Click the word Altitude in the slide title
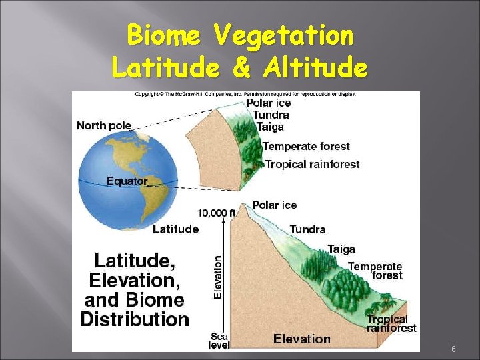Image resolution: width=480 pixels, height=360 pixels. pyautogui.click(x=315, y=67)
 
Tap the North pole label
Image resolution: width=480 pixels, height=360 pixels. pyautogui.click(x=104, y=125)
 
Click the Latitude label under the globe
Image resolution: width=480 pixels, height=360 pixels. pyautogui.click(x=175, y=229)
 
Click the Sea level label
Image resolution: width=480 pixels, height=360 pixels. pyautogui.click(x=220, y=341)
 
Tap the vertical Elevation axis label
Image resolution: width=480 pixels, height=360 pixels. pyautogui.click(x=217, y=277)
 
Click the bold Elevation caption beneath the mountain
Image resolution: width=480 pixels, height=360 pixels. pyautogui.click(x=302, y=339)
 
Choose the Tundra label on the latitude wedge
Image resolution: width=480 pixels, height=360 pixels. pyautogui.click(x=271, y=115)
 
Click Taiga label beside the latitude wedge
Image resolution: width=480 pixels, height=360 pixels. pyautogui.click(x=271, y=127)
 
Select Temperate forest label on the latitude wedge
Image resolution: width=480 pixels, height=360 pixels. pyautogui.click(x=306, y=146)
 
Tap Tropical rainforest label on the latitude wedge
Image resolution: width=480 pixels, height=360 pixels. pyautogui.click(x=312, y=164)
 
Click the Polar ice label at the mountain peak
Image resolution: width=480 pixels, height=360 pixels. pyautogui.click(x=275, y=205)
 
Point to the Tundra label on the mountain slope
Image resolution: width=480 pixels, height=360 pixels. pyautogui.click(x=308, y=230)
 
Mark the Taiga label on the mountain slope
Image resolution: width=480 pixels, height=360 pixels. pyautogui.click(x=341, y=249)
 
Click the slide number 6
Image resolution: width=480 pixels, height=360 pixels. pyautogui.click(x=453, y=349)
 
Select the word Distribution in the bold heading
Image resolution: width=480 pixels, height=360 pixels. pyautogui.click(x=135, y=319)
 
